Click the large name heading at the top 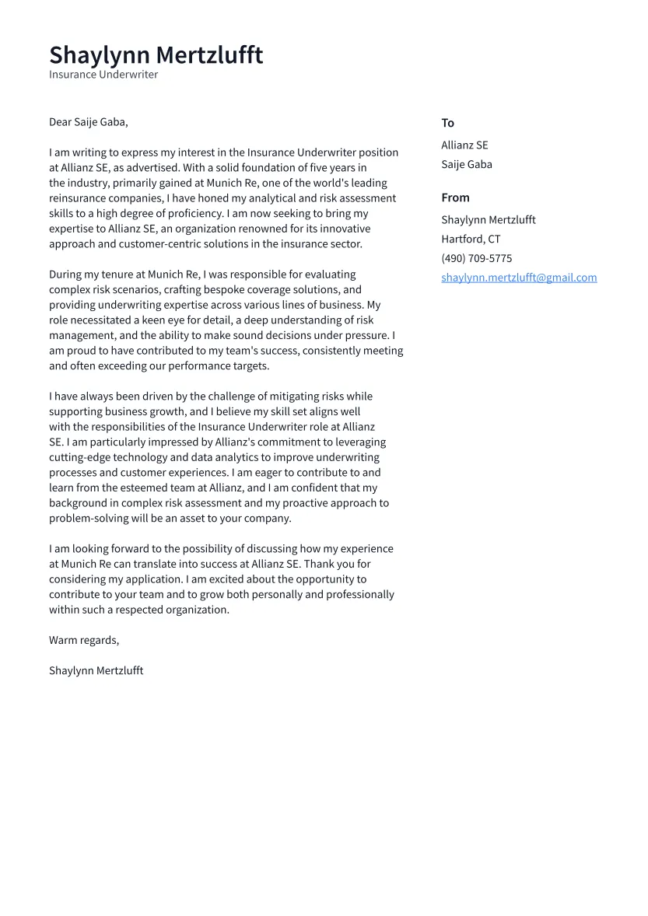[156, 55]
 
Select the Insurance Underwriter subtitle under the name [103, 75]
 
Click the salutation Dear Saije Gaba [88, 122]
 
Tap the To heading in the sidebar [447, 123]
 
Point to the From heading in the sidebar [455, 198]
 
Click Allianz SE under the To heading [464, 145]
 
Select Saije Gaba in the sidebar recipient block [467, 164]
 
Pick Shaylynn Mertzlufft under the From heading [489, 220]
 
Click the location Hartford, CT [471, 239]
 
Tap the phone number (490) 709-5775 [476, 258]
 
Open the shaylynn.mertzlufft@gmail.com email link [519, 278]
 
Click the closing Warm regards [84, 640]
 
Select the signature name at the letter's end [96, 670]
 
